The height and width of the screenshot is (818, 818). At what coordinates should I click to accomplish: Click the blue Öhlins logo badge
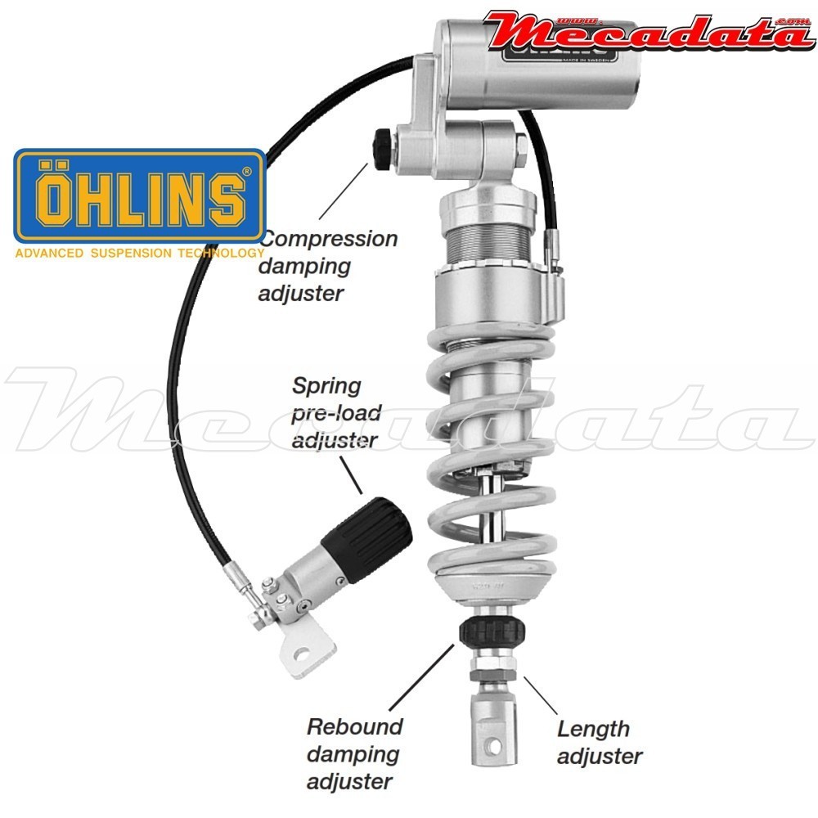[140, 196]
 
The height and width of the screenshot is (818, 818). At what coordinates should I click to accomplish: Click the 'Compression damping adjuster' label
[327, 266]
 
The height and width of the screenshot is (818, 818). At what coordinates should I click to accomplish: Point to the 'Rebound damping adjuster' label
[354, 753]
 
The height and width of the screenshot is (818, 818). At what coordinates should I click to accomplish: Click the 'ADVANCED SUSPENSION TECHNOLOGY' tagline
[139, 254]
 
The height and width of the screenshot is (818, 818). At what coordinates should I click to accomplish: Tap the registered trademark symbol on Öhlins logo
[247, 173]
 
